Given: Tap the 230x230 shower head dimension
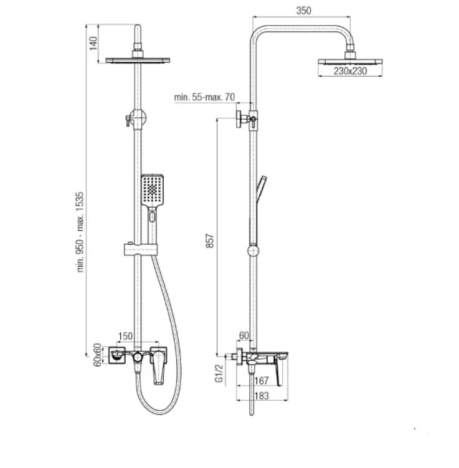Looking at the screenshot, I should pyautogui.click(x=349, y=72).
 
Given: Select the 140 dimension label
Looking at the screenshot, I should pyautogui.click(x=93, y=43).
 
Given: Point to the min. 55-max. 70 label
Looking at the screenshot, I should pyautogui.click(x=204, y=97).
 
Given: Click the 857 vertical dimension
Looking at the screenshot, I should pyautogui.click(x=209, y=241).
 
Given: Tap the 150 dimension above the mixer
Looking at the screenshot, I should pyautogui.click(x=125, y=336).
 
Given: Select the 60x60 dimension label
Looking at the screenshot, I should pyautogui.click(x=98, y=355).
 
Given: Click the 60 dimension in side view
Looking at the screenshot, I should pyautogui.click(x=244, y=336).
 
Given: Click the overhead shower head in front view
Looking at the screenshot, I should pyautogui.click(x=138, y=60).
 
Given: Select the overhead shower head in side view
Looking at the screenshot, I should pyautogui.click(x=349, y=61).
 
